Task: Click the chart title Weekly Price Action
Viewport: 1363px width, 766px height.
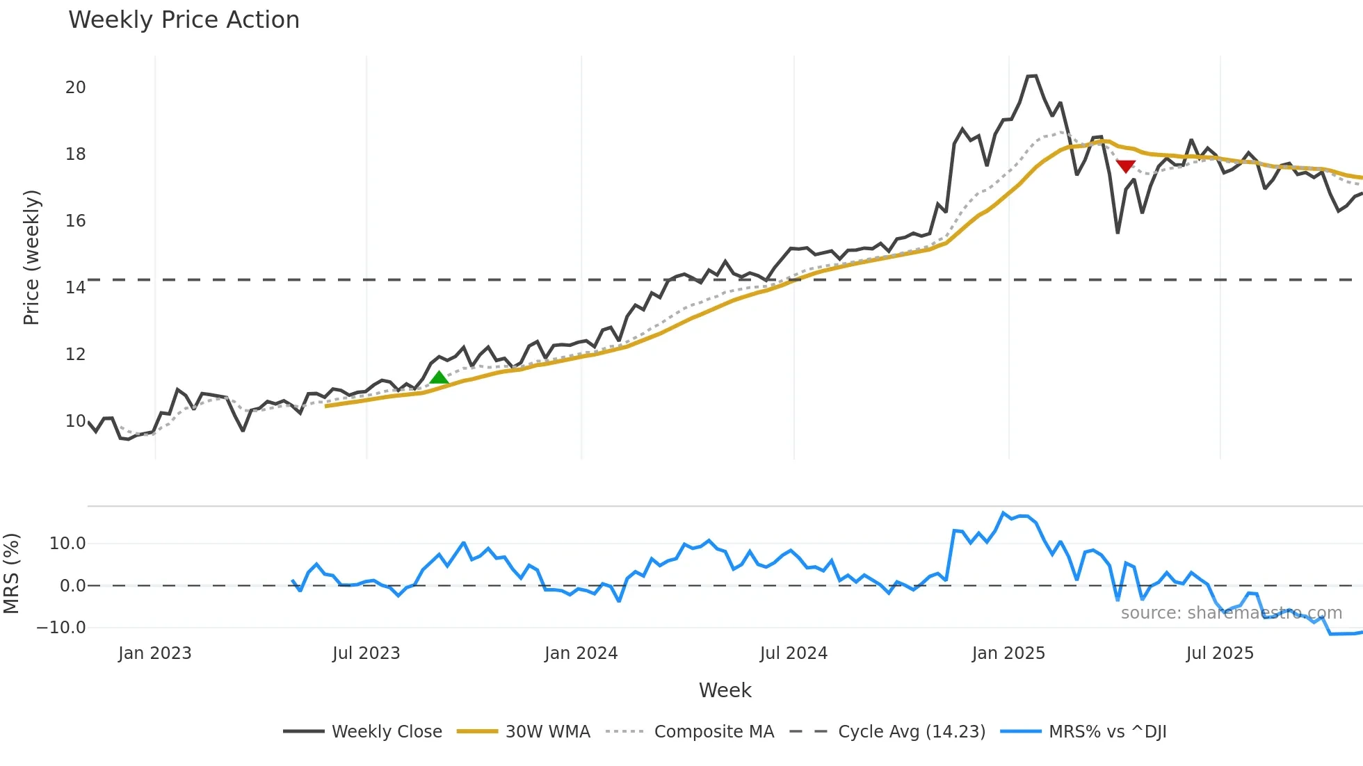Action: click(x=184, y=20)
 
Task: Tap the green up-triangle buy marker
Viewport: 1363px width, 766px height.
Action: click(x=439, y=378)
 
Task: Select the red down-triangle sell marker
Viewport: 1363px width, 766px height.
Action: click(x=1126, y=166)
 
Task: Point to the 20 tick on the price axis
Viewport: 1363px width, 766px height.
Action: click(x=76, y=88)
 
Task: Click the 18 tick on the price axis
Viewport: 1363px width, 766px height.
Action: click(x=76, y=154)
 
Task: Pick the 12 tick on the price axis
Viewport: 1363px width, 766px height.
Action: click(x=76, y=355)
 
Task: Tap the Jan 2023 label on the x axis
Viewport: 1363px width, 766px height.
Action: click(x=154, y=653)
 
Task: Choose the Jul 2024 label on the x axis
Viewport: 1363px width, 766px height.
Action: click(x=793, y=653)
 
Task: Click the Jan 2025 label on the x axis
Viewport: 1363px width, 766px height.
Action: click(x=1008, y=653)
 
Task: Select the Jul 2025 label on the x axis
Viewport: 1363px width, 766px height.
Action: click(x=1220, y=653)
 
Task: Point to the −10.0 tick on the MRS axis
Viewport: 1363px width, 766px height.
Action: click(x=61, y=628)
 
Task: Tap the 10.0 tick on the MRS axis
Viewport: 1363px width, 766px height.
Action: click(x=67, y=544)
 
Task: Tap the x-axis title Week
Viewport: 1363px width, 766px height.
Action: click(x=725, y=690)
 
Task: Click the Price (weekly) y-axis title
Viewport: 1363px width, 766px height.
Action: click(x=31, y=257)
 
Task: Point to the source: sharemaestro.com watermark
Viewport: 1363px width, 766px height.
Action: click(x=1231, y=613)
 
